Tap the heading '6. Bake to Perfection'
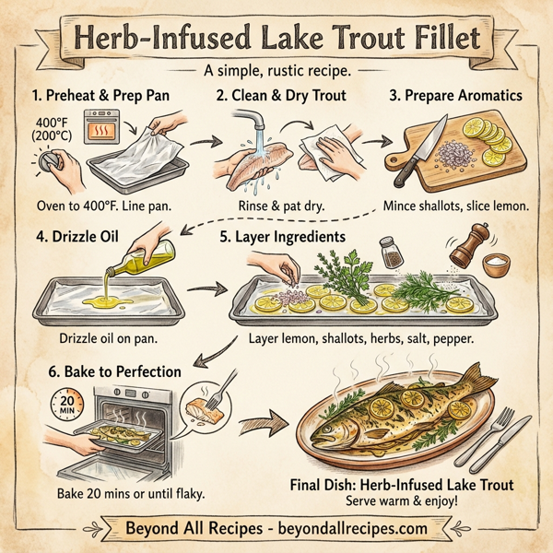pyautogui.click(x=108, y=371)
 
